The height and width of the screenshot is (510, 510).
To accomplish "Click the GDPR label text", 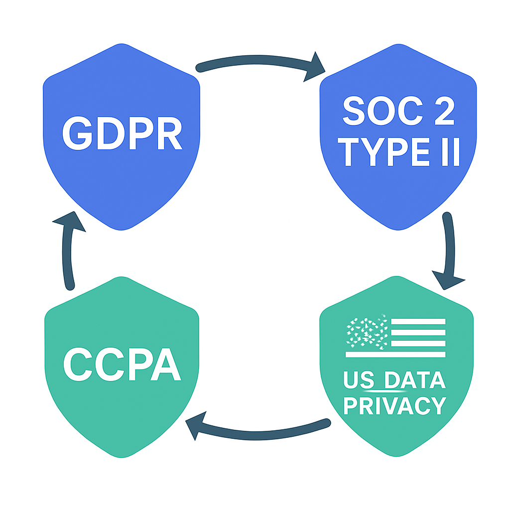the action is coord(123,132).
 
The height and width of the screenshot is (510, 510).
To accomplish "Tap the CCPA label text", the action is coord(123,364).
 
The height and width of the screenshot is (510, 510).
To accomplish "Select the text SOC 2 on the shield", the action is coord(399,111).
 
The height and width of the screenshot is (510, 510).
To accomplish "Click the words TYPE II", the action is coord(399,151).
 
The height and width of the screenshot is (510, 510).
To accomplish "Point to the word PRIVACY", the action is coord(395,405).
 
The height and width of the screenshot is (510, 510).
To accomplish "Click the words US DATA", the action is coord(394,380).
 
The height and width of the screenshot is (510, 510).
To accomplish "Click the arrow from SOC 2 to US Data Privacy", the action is coord(449,251).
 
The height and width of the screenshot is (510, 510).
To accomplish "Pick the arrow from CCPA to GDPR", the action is coord(68,251).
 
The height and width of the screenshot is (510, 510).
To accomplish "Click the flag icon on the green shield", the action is coord(395,336).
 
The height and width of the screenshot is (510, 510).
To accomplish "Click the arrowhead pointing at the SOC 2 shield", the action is coord(314,67).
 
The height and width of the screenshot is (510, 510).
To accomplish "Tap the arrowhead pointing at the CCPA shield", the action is coord(196,425).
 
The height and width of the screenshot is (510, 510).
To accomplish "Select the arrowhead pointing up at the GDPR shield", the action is coord(69,221).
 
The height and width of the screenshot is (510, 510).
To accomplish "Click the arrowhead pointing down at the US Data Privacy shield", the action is coord(449,280).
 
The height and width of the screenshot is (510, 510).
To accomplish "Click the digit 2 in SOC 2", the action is coord(445,110).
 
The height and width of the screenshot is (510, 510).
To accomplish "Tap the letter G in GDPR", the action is coord(77,133).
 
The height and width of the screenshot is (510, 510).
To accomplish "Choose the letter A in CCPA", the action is coord(165,364).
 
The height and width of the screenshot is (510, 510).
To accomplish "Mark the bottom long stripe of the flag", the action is coord(395,355).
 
